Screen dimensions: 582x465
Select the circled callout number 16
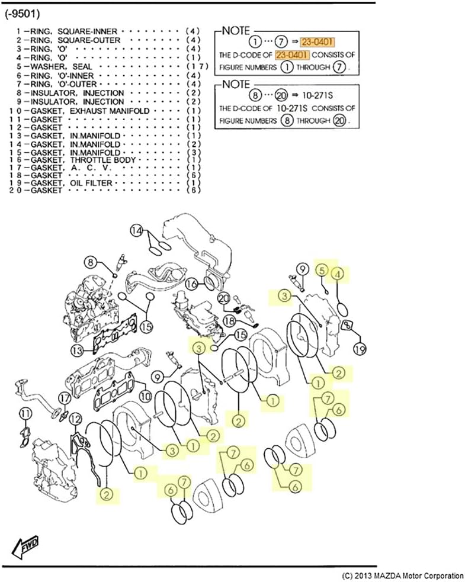coord(191,284)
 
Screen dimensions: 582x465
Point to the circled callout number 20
coord(223,298)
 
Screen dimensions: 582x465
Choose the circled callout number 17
coord(65,398)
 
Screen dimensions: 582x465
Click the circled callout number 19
coord(359,349)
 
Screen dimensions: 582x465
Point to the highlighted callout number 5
coord(322,269)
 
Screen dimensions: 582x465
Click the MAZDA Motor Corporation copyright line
coord(403,575)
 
